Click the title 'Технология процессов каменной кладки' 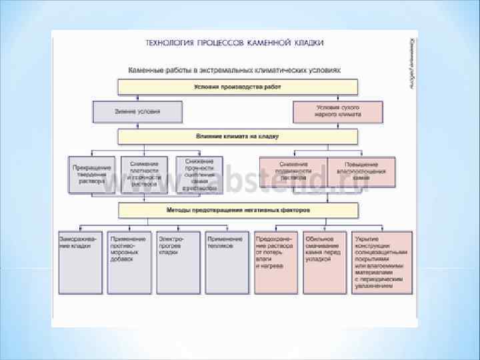[235, 42]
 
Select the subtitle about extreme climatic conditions [234, 69]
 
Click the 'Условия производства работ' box [237, 87]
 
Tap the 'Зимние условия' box [137, 111]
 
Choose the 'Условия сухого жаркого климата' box [338, 111]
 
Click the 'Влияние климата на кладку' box [237, 137]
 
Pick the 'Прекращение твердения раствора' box [93, 175]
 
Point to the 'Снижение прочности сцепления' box [199, 175]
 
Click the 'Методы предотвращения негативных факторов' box [237, 211]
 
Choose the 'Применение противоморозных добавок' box [129, 263]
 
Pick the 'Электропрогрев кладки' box [178, 263]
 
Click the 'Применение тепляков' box [227, 263]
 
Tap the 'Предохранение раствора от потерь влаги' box [276, 263]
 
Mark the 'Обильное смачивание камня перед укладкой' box [325, 263]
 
